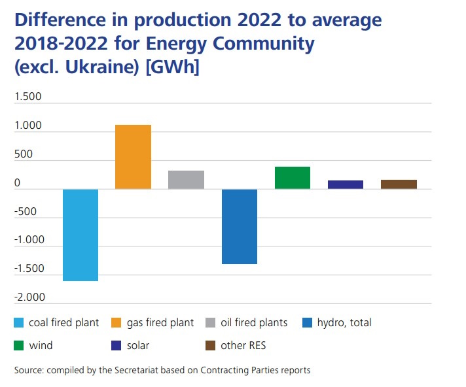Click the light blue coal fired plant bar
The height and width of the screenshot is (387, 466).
coord(81,235)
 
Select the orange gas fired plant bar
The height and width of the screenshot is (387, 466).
coord(134,157)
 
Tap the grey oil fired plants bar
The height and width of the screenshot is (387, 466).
coord(187,180)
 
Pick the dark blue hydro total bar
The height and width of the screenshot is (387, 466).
coord(240,226)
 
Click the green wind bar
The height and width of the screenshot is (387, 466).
coord(293,178)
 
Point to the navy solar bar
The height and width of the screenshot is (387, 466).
coord(346,184)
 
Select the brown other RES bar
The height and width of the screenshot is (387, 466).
coord(399,184)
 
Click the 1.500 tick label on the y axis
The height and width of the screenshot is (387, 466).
coord(27,97)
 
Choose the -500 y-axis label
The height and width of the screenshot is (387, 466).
coord(26,212)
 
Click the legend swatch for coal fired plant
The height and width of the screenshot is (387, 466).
coord(19,323)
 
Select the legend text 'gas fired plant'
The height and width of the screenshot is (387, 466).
coord(160,323)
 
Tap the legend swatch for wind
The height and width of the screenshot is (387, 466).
coord(19,346)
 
